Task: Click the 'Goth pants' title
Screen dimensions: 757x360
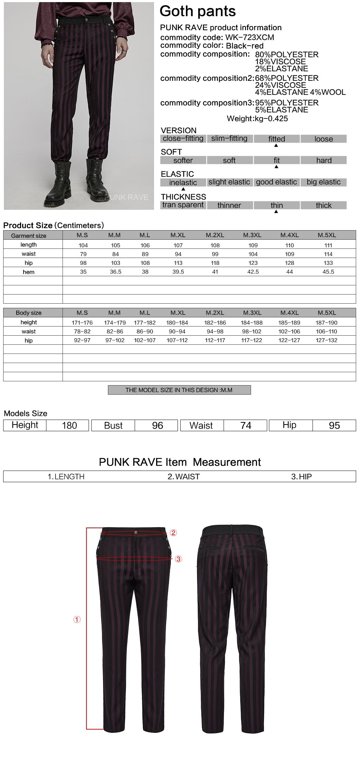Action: tap(198, 11)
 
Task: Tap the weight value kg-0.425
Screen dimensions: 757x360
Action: tap(271, 119)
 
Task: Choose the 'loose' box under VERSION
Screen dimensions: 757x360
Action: tap(323, 139)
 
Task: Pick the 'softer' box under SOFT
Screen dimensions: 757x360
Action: tap(183, 160)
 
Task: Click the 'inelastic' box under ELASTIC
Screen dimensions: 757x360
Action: tap(183, 182)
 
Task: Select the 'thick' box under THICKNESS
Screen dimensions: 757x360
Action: tap(323, 205)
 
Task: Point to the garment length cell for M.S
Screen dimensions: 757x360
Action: tap(83, 245)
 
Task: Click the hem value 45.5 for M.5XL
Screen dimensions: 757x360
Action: tap(328, 272)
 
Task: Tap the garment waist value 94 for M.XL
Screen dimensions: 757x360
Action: tap(178, 254)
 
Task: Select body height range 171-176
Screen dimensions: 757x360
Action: tap(82, 323)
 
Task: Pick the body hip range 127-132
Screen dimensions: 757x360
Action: tap(326, 340)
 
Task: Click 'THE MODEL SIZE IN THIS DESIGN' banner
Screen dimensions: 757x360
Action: tap(179, 390)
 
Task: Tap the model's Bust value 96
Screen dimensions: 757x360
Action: tap(157, 426)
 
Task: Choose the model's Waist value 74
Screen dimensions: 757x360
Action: tap(246, 426)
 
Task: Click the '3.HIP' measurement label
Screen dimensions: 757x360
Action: tap(301, 477)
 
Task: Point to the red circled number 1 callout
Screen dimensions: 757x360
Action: tap(77, 620)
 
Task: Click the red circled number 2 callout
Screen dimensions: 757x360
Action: tap(173, 533)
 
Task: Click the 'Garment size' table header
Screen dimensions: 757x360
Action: tap(28, 235)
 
